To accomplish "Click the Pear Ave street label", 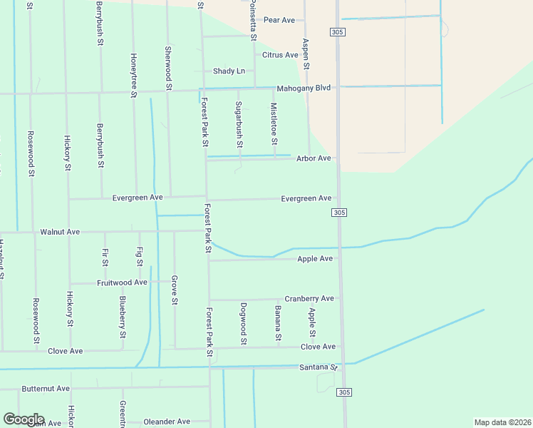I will coord(279,20).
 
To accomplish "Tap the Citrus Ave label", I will coord(280,55).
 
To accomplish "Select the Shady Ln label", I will coord(229,71).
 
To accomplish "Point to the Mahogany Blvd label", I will coord(304,88).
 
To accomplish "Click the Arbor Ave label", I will coord(314,158).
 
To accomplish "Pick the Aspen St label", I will coord(306,54).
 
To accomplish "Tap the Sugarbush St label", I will coord(239,124).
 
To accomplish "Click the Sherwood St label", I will coord(168,68).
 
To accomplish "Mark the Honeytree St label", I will coord(134,74).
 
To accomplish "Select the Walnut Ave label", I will coord(60,232).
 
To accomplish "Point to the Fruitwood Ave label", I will coord(122,282).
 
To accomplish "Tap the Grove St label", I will coord(175,290).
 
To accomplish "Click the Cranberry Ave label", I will coord(309,298).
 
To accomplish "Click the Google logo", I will coord(23,419).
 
